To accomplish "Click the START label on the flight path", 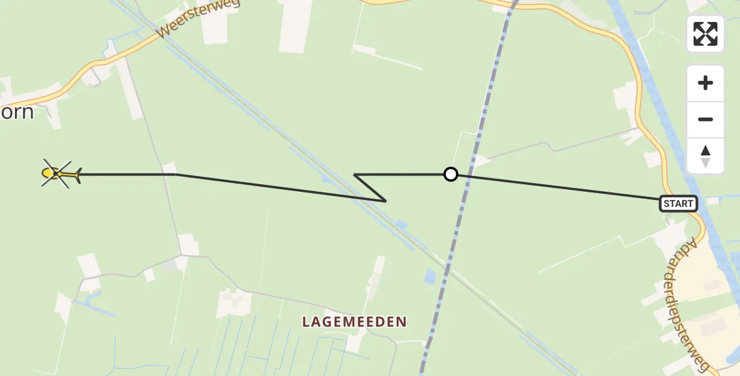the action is [x=679, y=203].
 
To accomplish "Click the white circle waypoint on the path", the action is [x=450, y=174].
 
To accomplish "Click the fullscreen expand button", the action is [x=706, y=34].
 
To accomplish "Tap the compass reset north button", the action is [x=706, y=156].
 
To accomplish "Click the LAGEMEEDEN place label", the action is [x=354, y=322].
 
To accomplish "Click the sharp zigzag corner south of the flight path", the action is [x=384, y=201].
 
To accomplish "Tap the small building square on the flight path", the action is [x=169, y=169].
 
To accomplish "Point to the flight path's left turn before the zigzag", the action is [x=355, y=174].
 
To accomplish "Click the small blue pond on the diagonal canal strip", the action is [x=400, y=224].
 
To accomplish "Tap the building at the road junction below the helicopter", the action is [x=188, y=244].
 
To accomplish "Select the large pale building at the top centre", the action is [x=295, y=25].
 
